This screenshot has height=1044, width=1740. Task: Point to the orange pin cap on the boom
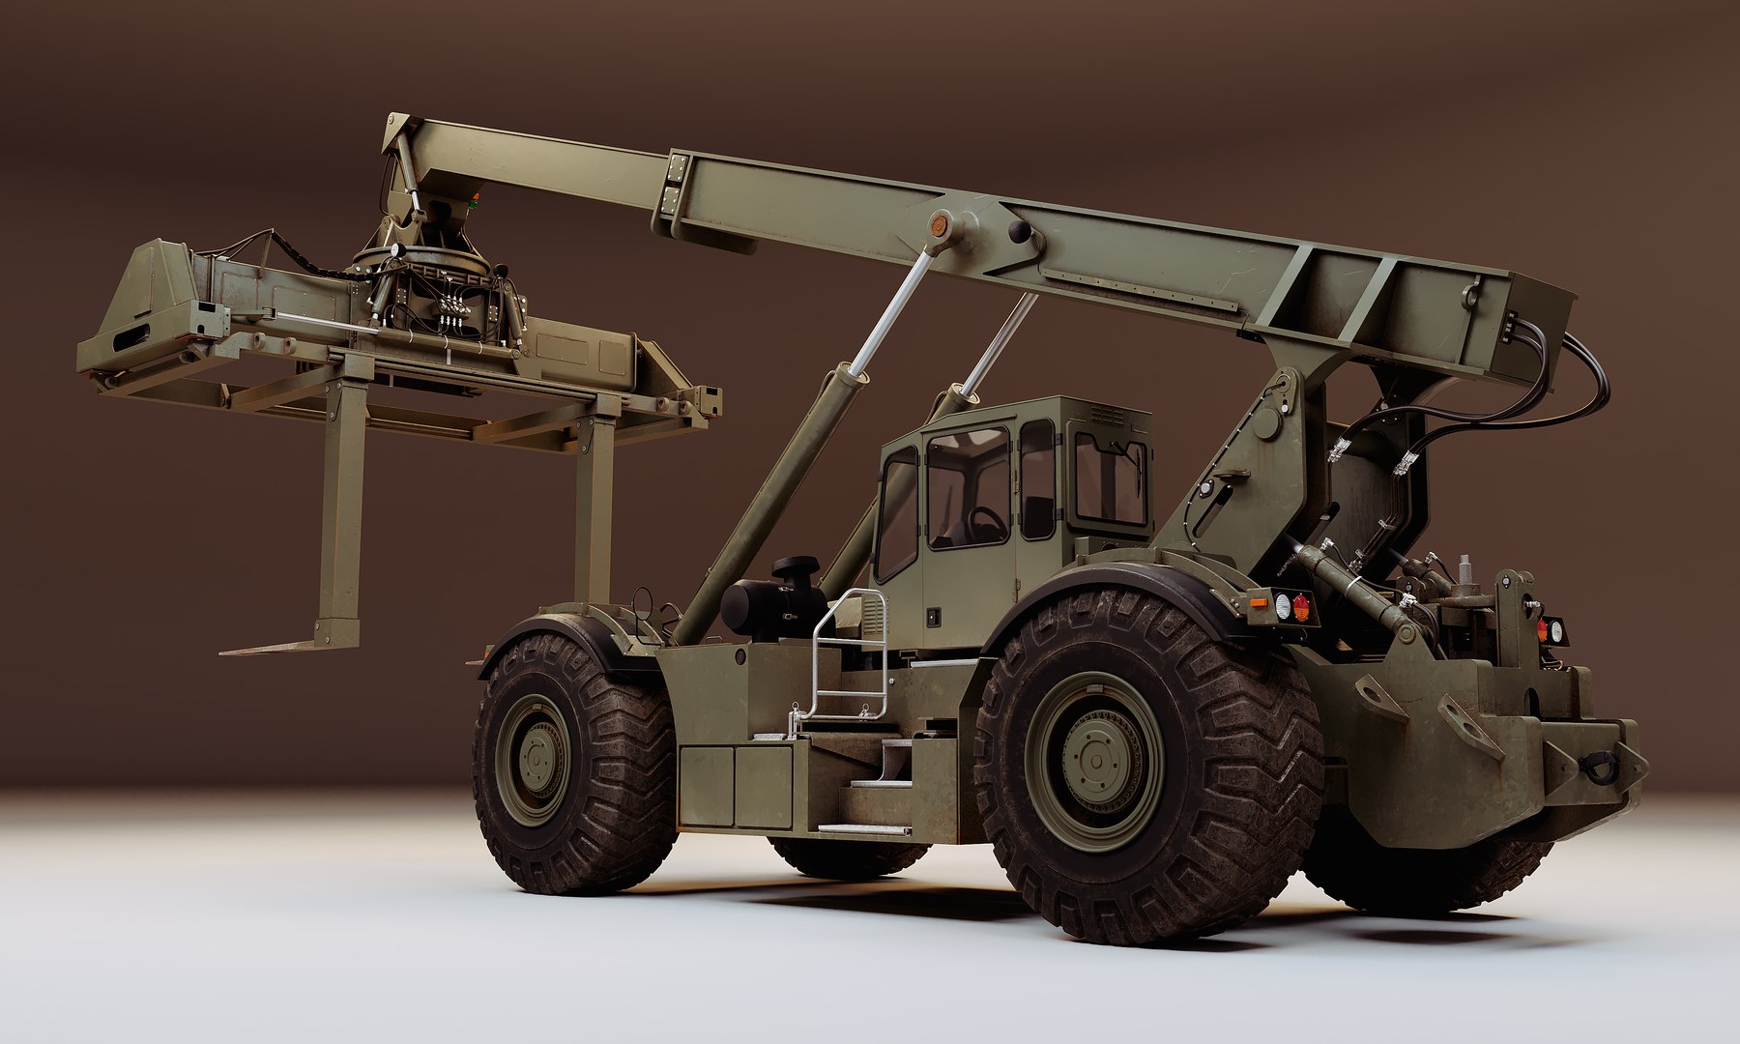[936, 226]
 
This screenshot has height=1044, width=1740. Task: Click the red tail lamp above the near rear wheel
[1301, 607]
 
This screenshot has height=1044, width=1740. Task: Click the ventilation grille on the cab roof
[1108, 415]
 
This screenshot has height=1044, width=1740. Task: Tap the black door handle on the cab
[933, 613]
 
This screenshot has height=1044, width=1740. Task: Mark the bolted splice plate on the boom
[671, 189]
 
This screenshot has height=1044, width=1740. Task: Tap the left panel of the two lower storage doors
[707, 785]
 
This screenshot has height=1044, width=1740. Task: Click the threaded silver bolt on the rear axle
[1465, 570]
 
